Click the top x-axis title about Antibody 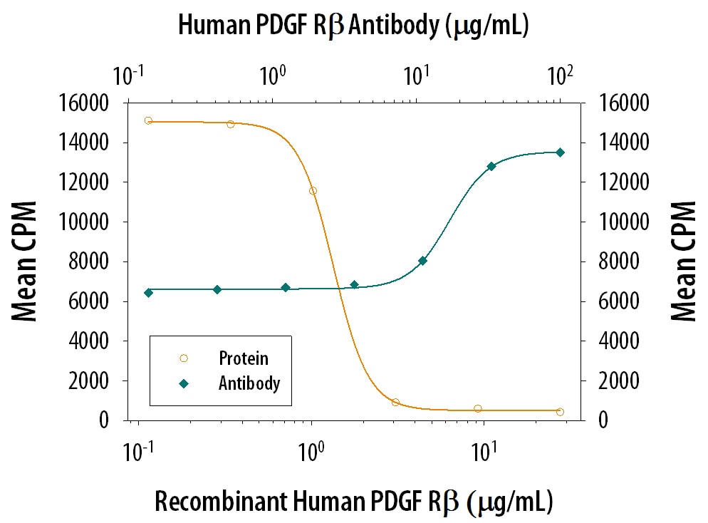[x=353, y=26]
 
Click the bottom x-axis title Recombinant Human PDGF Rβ [x=353, y=502]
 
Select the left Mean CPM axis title [x=26, y=261]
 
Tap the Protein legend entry [x=244, y=358]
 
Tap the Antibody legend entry [x=249, y=383]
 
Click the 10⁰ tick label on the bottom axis [x=311, y=450]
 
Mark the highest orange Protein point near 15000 [x=148, y=120]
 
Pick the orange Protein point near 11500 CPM [x=313, y=191]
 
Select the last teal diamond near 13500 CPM [x=560, y=152]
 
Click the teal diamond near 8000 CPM [x=422, y=261]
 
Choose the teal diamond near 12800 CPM [x=491, y=166]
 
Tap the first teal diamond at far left [x=148, y=293]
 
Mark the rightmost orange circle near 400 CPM [x=560, y=412]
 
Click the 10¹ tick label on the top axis [x=416, y=74]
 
